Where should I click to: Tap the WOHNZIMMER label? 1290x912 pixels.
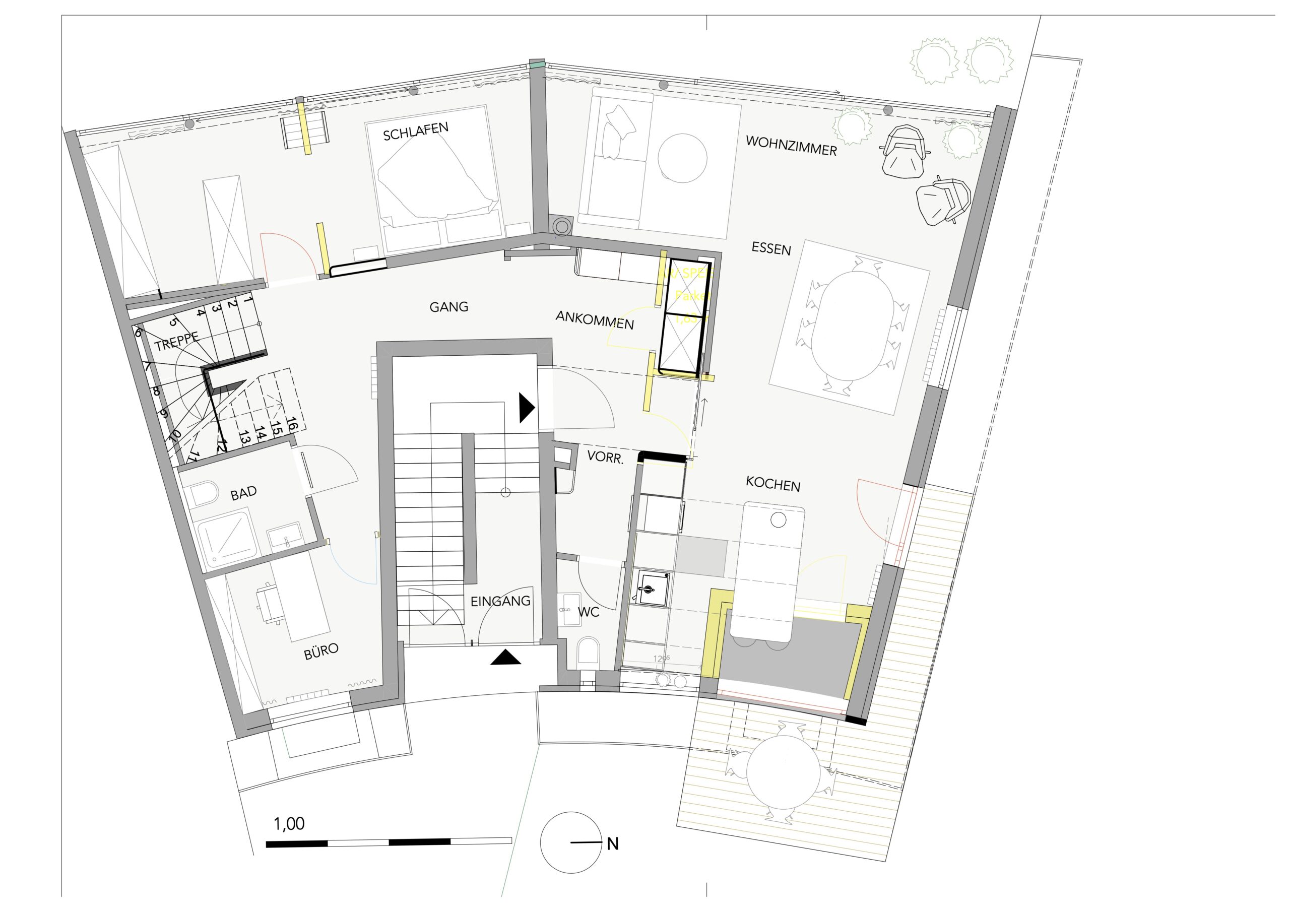point(791,146)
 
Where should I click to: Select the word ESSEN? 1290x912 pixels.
point(771,249)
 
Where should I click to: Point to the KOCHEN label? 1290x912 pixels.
point(772,484)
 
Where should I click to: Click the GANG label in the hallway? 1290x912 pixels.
point(448,307)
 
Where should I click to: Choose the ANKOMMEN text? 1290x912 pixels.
point(595,320)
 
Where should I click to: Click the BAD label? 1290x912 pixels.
point(243,493)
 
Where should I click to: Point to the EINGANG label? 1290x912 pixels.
point(500,601)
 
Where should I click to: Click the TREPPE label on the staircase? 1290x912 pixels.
point(176,342)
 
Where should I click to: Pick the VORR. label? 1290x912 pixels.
point(605,458)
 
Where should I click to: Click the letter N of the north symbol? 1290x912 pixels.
point(612,844)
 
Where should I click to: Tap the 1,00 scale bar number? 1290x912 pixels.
point(289,824)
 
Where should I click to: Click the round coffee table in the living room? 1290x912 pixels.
point(682,158)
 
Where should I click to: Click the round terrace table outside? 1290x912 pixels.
point(783,772)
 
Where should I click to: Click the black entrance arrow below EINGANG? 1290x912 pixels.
point(505,658)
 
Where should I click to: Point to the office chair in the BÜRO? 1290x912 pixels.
point(269,604)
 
